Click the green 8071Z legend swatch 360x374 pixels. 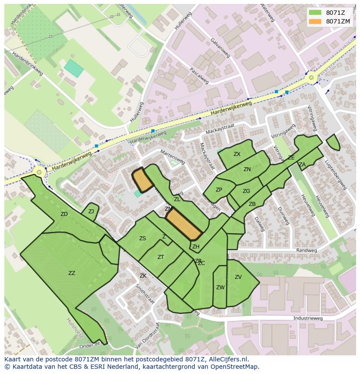coord(315,13)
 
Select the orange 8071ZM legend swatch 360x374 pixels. coord(315,21)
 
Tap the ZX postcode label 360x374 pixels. coord(237,154)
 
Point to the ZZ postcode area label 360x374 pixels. coord(72,273)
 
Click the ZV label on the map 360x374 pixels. coord(238,277)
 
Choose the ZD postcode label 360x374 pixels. coord(64,214)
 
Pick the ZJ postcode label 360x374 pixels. coord(91,212)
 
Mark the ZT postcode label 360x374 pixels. coord(160,257)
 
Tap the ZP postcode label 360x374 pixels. coord(219,190)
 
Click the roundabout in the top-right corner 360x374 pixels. coord(311,78)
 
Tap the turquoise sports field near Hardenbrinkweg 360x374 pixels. coord(73,69)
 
